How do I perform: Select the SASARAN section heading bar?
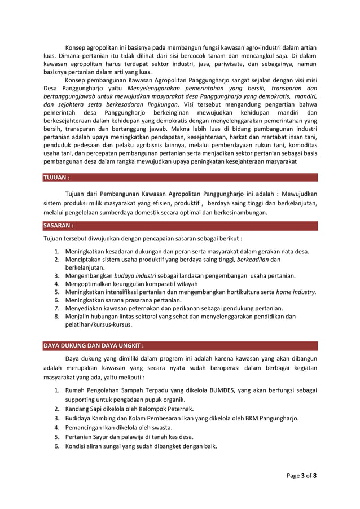[59, 226]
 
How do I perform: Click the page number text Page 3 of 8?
[301, 475]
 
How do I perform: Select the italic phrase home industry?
[296, 292]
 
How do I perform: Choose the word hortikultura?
[240, 292]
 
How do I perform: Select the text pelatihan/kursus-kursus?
[99, 325]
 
